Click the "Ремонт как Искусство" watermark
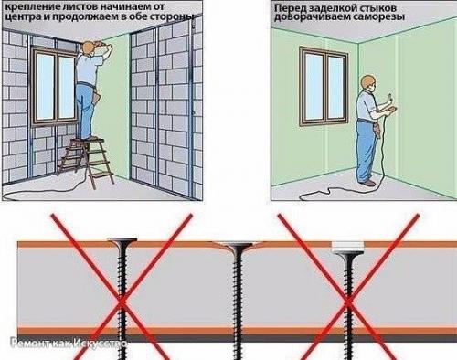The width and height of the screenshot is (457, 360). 69,344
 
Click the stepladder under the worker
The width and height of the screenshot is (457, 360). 86,161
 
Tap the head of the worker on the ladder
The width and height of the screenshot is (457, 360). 89,48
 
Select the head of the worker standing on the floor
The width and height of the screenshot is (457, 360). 367,83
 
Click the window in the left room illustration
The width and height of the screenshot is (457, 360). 55,85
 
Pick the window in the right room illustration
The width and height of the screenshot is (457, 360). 324,86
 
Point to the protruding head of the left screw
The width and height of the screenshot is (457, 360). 122,240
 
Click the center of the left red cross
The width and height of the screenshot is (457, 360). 122,302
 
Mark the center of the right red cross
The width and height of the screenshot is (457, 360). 348,302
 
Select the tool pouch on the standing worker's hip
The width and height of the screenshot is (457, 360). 377,127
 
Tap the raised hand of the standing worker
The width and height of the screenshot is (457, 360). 389,100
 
